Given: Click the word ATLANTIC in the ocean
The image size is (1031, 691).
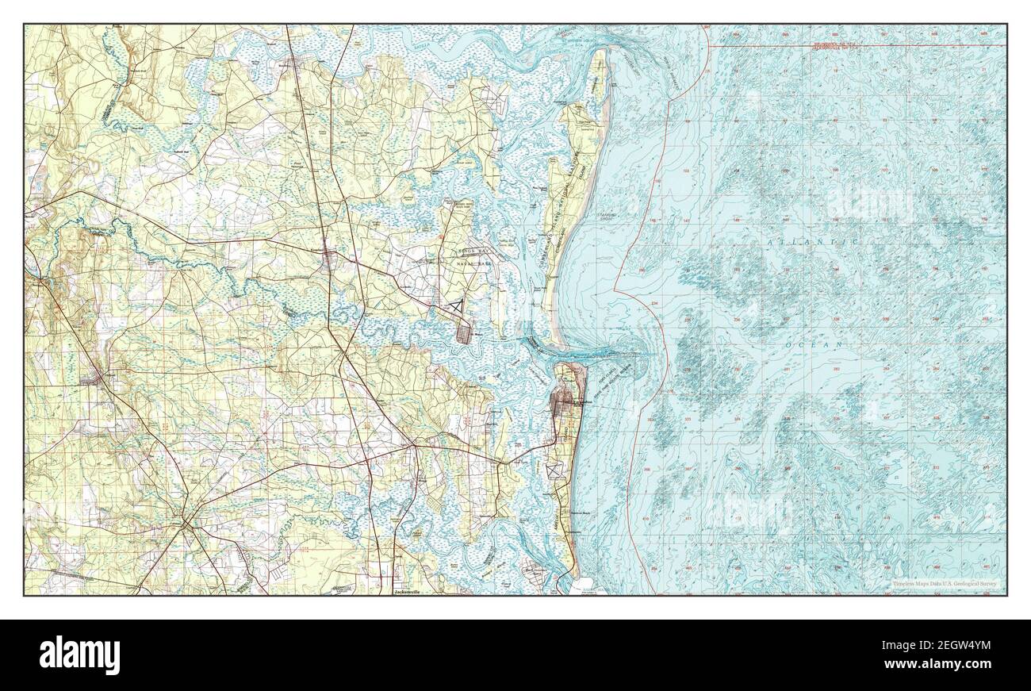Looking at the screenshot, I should [x=814, y=240].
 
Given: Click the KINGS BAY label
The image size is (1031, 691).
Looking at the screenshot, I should [x=470, y=251].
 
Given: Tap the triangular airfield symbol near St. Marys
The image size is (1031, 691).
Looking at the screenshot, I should [x=456, y=304].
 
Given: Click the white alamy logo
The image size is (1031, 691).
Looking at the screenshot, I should [x=79, y=655].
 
